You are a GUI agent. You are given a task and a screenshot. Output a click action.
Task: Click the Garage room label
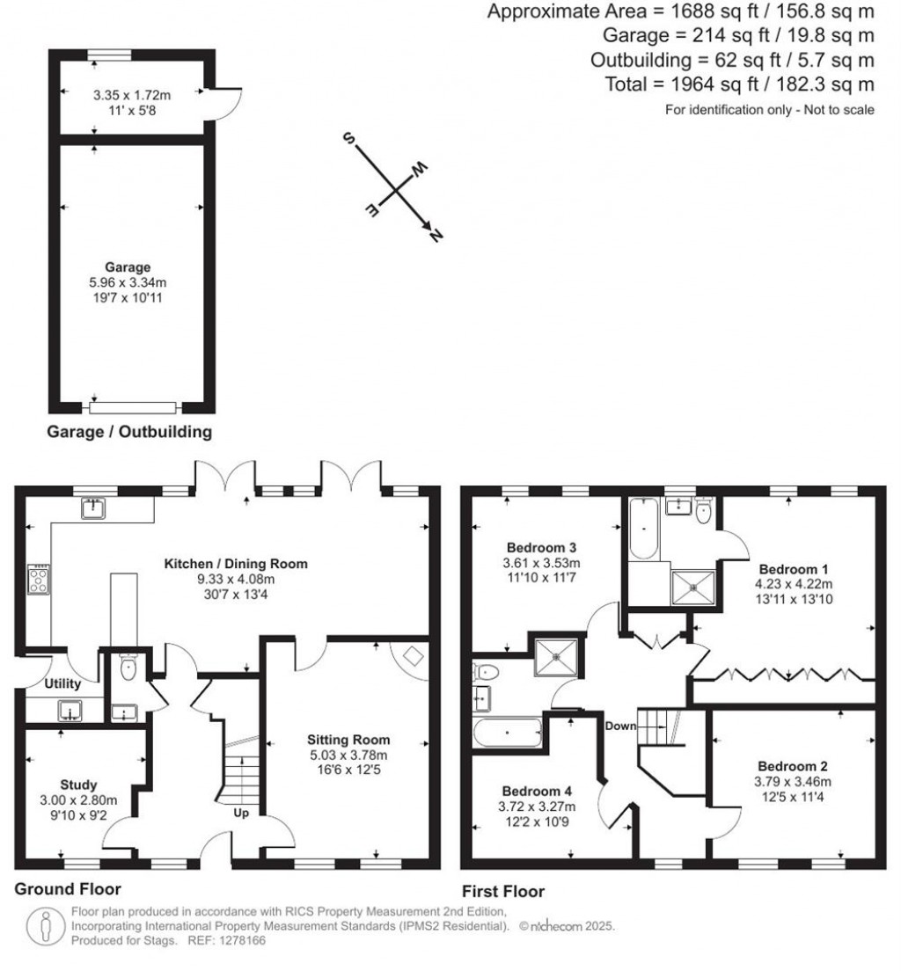pyautogui.click(x=128, y=267)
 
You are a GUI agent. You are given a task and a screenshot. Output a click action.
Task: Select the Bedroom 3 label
pyautogui.click(x=541, y=547)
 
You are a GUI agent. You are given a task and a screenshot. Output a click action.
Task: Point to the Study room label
pyautogui.click(x=78, y=785)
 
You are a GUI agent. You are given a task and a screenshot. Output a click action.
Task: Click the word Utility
pyautogui.click(x=62, y=684)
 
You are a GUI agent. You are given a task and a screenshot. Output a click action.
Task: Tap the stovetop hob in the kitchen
pyautogui.click(x=39, y=580)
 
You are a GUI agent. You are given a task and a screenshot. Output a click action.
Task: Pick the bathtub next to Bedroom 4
pyautogui.click(x=506, y=733)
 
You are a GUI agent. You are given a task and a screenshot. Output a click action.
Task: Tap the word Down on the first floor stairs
pyautogui.click(x=620, y=726)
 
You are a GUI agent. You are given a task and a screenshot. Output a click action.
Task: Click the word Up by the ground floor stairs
pyautogui.click(x=241, y=813)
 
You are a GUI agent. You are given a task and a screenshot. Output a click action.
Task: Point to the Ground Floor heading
pyautogui.click(x=68, y=889)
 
